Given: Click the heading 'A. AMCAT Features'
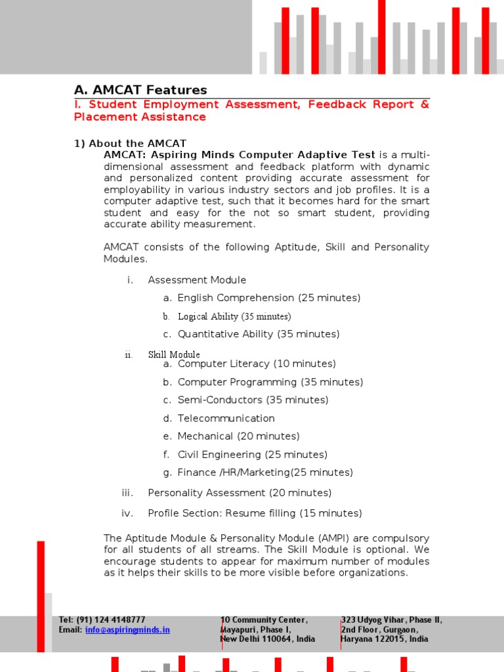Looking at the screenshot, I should (140, 90).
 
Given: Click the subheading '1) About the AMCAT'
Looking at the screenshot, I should (130, 143).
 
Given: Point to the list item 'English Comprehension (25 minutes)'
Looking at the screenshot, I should (269, 298).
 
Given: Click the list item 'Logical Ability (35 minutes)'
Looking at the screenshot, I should (234, 316).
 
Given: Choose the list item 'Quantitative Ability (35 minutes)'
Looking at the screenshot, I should (259, 334).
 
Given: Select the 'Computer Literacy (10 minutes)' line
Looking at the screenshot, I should (257, 364).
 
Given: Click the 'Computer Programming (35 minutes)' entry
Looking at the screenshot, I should (270, 382).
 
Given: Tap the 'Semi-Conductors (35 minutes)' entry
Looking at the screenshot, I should (253, 400).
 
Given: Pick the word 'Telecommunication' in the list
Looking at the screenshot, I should (226, 418).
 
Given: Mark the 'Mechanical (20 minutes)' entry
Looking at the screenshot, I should (239, 436).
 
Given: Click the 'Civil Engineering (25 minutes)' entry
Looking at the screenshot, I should (253, 454).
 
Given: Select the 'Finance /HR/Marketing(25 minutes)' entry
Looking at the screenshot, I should (265, 472).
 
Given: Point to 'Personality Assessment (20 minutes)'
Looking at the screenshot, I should (240, 493).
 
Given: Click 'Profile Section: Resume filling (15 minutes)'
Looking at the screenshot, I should (255, 513).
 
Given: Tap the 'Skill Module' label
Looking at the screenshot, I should (174, 354).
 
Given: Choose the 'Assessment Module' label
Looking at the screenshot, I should (197, 280).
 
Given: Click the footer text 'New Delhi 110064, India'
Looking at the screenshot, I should (267, 639).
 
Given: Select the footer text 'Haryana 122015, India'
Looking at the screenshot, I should (384, 639).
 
